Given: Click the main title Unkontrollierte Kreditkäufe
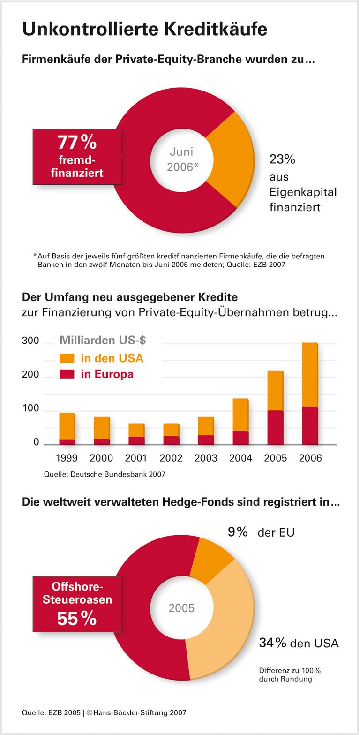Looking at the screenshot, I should [x=144, y=29].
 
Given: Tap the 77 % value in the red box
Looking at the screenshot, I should [x=77, y=142].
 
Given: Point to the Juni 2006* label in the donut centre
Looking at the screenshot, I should [x=181, y=159].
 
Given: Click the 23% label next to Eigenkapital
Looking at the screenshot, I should [x=282, y=159].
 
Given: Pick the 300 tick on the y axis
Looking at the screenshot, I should [x=30, y=341].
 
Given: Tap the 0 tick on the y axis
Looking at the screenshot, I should [x=37, y=443].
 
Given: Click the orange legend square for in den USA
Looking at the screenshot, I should [x=67, y=358].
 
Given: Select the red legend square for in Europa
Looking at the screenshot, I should [x=67, y=374].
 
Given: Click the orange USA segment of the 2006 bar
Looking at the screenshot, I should [x=310, y=375].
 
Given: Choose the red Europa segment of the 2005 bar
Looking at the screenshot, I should [x=275, y=428].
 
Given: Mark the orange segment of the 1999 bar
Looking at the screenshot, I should [x=67, y=426].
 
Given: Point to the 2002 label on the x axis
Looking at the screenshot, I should [x=171, y=458].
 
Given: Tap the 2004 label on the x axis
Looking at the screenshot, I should [x=240, y=458].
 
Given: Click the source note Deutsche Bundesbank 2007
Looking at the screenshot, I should [x=105, y=474].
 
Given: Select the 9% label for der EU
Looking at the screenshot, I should [x=238, y=532].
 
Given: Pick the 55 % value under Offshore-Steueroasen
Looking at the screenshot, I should [x=77, y=619].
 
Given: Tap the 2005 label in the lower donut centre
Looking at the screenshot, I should [x=181, y=608].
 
